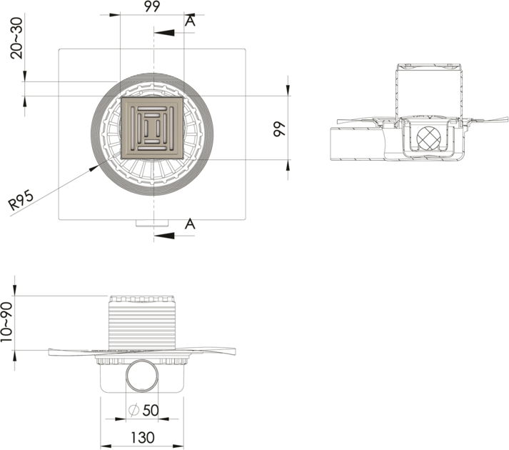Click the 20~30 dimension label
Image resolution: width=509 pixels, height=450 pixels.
point(17,38)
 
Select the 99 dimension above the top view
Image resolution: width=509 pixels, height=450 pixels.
point(152,6)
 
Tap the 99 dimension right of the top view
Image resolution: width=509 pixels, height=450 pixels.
point(279,129)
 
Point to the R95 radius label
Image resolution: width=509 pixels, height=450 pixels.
point(21,200)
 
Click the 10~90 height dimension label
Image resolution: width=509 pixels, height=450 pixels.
point(6,321)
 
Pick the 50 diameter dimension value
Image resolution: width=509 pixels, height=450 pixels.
point(151,411)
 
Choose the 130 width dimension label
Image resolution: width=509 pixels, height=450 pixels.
point(143,438)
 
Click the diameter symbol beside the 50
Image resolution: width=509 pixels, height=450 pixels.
point(133,411)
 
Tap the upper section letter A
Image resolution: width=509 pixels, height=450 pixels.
point(190,21)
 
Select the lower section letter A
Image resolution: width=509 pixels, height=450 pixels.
point(190,224)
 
